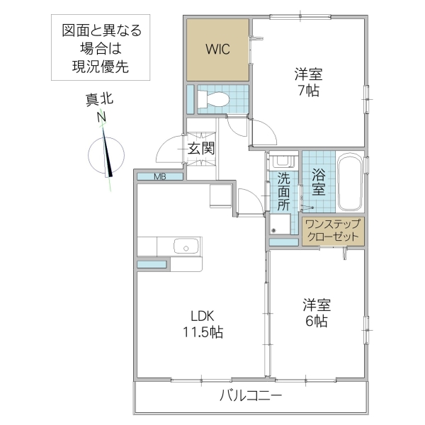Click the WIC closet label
tap(217, 50)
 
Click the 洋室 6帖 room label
tap(316, 312)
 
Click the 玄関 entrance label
tap(201, 148)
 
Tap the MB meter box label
tap(161, 176)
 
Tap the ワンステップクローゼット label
tap(332, 231)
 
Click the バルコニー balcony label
tap(251, 395)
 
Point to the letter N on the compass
tap(102, 117)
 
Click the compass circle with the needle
tap(108, 154)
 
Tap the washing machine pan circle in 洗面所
tap(274, 229)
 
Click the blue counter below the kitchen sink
tap(153, 264)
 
